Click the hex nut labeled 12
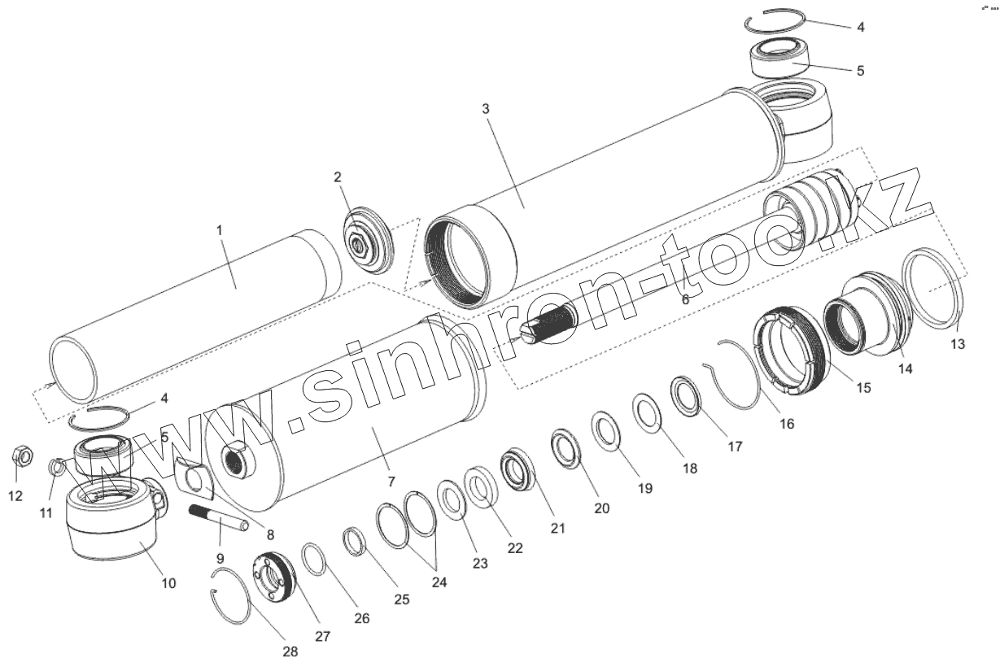(x=21, y=456)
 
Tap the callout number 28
(x=290, y=652)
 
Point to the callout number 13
(x=958, y=344)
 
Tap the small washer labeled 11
(x=55, y=466)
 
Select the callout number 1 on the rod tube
(x=219, y=230)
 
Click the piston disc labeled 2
(x=369, y=241)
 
